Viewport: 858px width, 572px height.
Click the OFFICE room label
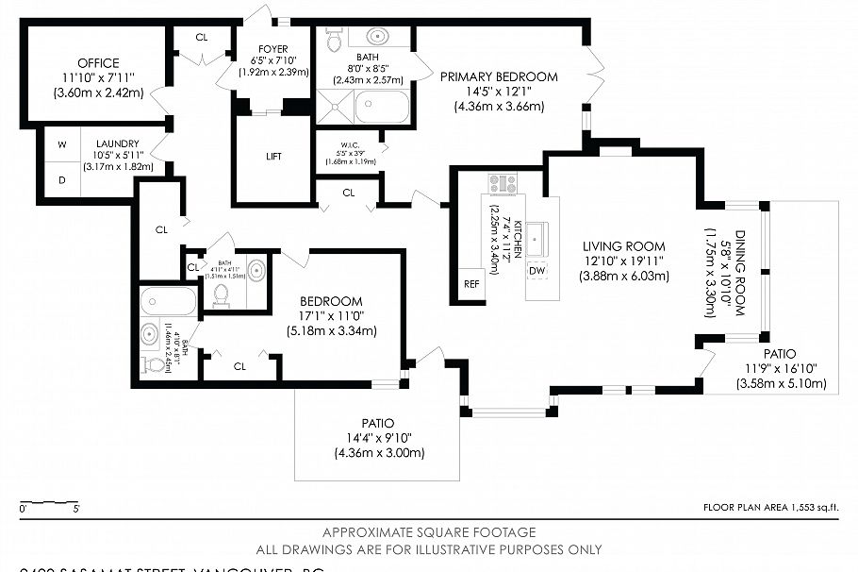point(98,63)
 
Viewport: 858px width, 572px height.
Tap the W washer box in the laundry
point(62,144)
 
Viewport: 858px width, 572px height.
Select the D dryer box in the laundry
point(62,179)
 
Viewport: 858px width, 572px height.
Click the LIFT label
point(272,157)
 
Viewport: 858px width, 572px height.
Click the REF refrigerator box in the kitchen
point(470,283)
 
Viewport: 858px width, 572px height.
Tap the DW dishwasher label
point(536,271)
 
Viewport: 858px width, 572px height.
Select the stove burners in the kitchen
point(503,183)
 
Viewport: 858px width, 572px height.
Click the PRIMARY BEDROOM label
point(499,77)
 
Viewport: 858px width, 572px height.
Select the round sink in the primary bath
point(378,37)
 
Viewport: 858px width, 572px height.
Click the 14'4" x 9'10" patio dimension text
point(378,438)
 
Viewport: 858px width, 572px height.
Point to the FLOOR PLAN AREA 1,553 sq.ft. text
point(770,508)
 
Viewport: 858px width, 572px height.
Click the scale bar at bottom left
point(49,502)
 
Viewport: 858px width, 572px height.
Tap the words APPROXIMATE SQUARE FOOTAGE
point(429,533)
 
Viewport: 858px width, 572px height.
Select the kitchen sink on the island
point(536,236)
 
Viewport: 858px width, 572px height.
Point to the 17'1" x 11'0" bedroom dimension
point(332,315)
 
